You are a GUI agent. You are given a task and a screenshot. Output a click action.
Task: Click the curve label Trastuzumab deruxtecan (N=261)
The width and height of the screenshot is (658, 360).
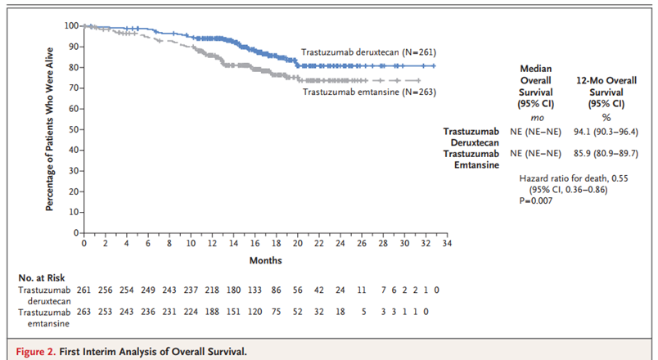pos(367,52)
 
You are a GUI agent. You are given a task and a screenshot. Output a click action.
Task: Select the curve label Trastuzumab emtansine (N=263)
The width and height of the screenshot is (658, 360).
pos(368,92)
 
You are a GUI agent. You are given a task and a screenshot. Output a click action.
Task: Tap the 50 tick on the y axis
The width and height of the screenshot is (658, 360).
pos(73,129)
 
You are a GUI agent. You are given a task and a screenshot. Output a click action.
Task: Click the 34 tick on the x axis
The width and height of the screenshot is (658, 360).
pos(448,244)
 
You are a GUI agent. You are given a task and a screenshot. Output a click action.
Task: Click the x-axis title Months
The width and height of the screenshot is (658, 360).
pos(267,260)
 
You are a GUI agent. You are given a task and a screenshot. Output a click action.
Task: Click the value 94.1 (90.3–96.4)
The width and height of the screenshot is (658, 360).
pos(606,131)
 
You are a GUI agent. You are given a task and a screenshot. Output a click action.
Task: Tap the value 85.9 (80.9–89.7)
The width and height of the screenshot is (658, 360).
pos(606,153)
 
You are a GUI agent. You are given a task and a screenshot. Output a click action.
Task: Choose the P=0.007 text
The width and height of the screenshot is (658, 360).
pos(537,201)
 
